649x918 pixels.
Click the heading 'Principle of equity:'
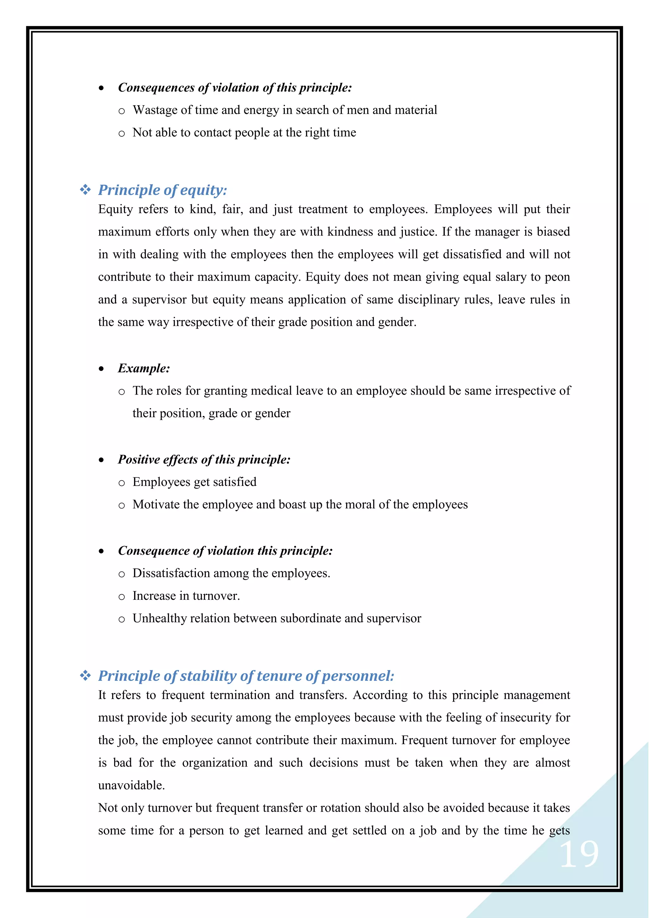click(162, 190)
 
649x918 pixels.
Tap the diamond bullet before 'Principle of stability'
click(85, 676)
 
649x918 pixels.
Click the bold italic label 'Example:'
click(144, 368)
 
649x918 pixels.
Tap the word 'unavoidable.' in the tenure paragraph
click(132, 785)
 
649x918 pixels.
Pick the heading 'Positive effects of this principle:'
click(204, 459)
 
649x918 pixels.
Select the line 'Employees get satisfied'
click(194, 482)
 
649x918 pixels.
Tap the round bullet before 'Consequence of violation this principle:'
click(101, 551)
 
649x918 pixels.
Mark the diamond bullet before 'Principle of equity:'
click(85, 190)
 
